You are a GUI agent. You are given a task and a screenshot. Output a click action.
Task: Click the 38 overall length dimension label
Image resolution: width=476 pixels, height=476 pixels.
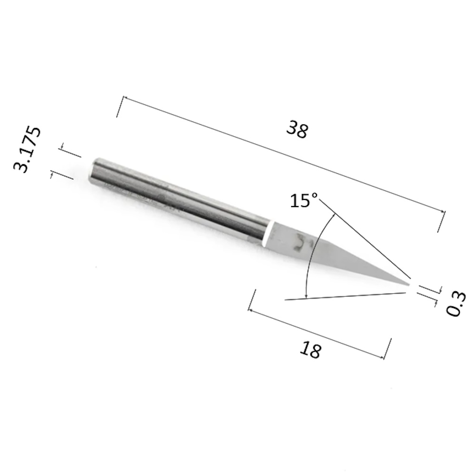297,129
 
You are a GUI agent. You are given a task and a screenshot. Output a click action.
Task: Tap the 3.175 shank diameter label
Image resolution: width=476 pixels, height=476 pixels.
27,149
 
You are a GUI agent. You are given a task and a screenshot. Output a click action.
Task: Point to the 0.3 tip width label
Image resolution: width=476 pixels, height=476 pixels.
456,304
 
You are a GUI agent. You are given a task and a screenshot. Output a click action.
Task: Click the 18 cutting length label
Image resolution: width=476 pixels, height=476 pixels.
310,350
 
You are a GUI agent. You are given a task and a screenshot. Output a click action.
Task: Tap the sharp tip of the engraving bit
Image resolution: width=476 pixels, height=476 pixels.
409,285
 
